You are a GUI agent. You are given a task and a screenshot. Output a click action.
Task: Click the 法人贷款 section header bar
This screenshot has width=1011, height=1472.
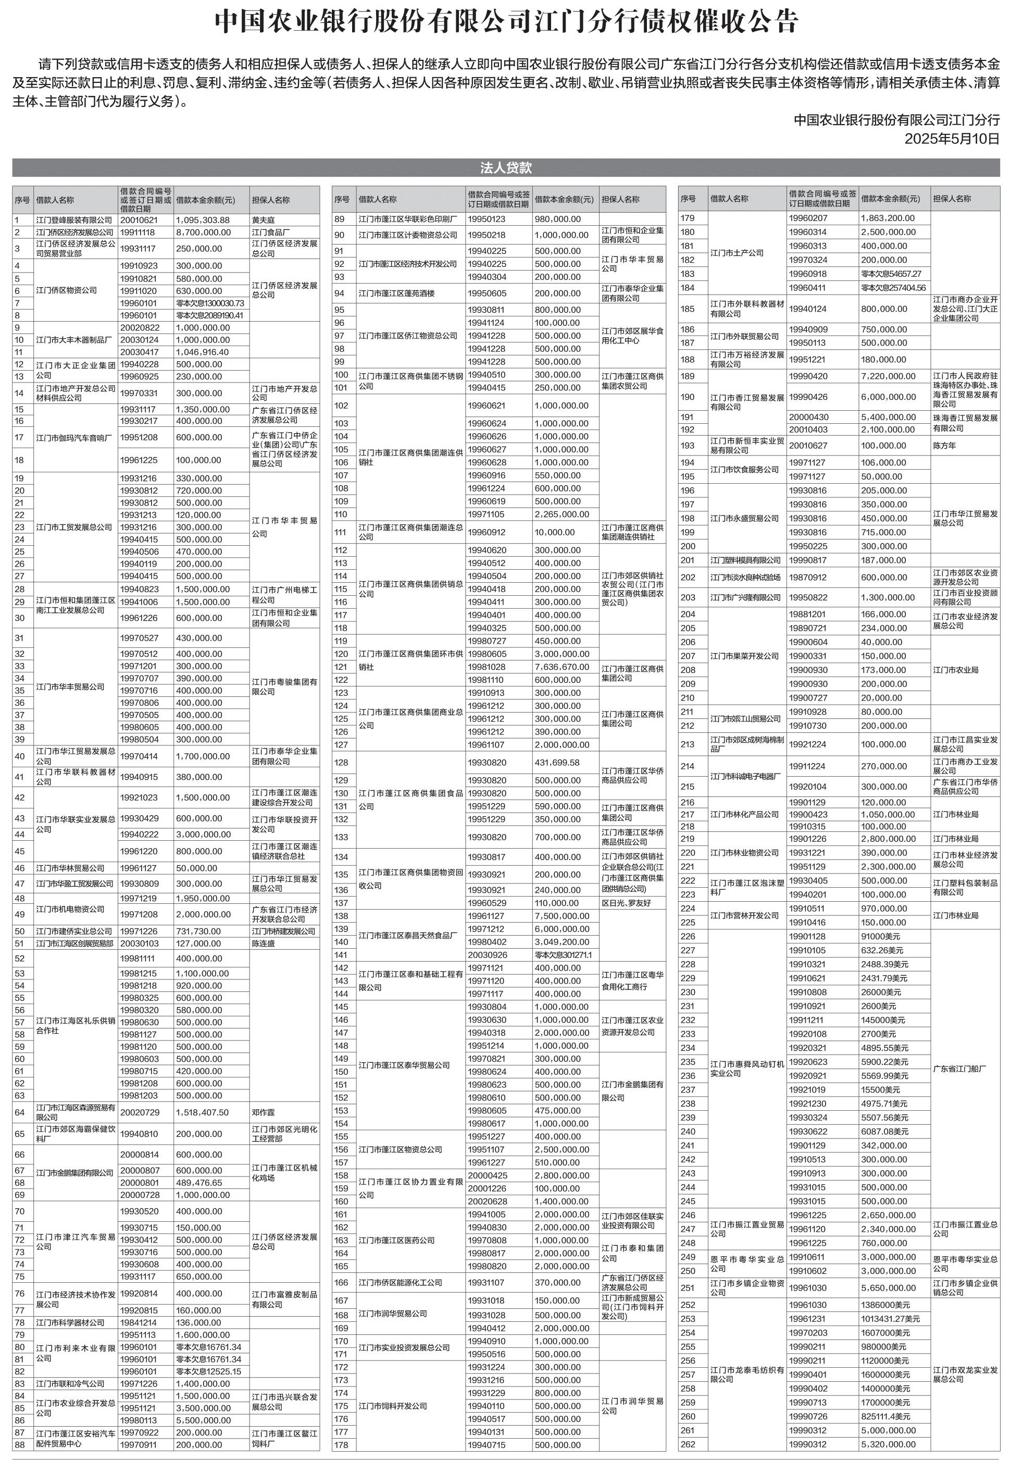(505, 167)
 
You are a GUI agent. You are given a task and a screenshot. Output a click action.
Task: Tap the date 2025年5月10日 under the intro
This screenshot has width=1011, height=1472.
(952, 138)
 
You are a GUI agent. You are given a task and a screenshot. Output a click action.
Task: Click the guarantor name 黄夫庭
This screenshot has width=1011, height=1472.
(264, 220)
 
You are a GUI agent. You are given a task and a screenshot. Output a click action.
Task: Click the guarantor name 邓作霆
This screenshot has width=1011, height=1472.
(264, 1112)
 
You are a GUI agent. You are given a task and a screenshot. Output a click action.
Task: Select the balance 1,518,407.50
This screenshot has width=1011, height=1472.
(203, 1112)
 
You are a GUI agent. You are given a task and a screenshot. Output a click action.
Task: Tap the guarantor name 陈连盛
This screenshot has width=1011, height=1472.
(264, 943)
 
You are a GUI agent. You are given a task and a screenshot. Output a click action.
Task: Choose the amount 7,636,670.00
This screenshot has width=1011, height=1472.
(562, 667)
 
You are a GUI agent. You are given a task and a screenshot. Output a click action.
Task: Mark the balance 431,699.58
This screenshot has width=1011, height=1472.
(557, 763)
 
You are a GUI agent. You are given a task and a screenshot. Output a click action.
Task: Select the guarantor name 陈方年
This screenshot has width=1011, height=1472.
(944, 446)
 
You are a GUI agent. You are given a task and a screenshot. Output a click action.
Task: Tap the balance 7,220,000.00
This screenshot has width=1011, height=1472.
(888, 376)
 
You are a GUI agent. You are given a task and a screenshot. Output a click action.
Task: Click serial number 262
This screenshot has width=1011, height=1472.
(688, 1444)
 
